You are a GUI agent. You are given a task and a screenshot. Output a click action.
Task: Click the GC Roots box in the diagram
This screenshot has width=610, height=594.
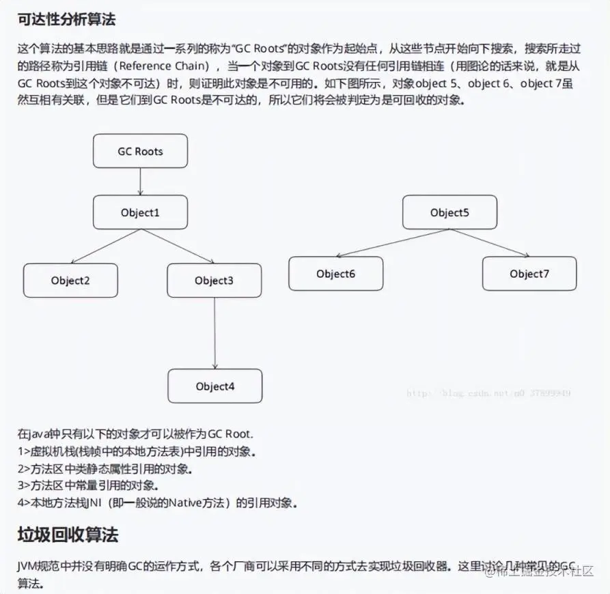(140, 151)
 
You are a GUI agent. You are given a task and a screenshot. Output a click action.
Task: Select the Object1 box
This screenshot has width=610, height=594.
(140, 212)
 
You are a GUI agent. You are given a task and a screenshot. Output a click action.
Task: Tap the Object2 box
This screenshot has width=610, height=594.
(70, 281)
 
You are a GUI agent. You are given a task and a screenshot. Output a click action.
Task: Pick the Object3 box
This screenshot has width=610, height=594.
(214, 281)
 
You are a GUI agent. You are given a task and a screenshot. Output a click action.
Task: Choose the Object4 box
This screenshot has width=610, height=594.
(215, 386)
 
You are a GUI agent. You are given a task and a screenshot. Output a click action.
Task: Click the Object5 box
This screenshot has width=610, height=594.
(449, 212)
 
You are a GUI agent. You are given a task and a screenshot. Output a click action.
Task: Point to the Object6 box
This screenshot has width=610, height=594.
(335, 274)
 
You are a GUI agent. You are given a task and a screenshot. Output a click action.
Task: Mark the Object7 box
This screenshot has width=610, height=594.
(529, 274)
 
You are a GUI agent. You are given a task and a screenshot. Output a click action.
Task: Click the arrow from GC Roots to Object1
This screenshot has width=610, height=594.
(140, 182)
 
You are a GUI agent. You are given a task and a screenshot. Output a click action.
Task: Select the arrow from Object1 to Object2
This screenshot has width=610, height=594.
(106, 246)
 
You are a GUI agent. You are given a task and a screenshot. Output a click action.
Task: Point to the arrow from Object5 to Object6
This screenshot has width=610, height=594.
(392, 243)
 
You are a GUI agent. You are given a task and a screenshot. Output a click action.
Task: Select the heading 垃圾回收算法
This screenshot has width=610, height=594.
(68, 535)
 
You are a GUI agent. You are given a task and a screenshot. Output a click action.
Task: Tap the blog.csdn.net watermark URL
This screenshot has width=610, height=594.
(488, 393)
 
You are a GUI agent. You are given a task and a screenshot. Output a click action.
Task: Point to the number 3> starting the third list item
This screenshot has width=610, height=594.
(24, 486)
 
